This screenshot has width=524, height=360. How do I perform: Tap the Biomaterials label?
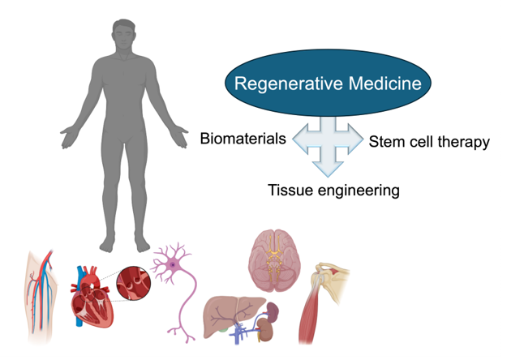[243, 139]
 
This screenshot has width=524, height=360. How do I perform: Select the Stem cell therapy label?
[429, 143]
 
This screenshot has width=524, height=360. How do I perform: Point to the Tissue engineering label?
[334, 191]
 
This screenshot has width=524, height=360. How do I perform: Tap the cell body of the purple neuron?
[174, 265]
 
